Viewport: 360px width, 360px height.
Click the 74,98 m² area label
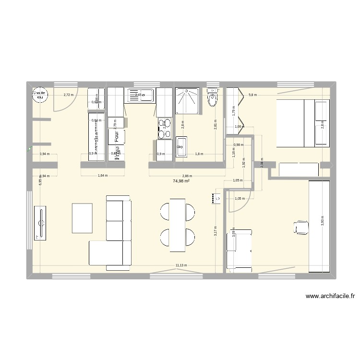point(181,181)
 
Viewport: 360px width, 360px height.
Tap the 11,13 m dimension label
point(181,265)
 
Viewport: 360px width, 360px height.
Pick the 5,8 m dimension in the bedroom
point(253,95)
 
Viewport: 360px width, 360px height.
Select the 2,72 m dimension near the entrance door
point(69,95)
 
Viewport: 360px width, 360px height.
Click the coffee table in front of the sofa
point(82,218)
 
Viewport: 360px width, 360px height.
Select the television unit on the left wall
point(40,222)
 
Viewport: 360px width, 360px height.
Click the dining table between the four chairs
point(177,224)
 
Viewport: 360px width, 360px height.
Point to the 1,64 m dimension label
point(102,176)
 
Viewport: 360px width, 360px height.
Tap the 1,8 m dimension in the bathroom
point(198,154)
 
